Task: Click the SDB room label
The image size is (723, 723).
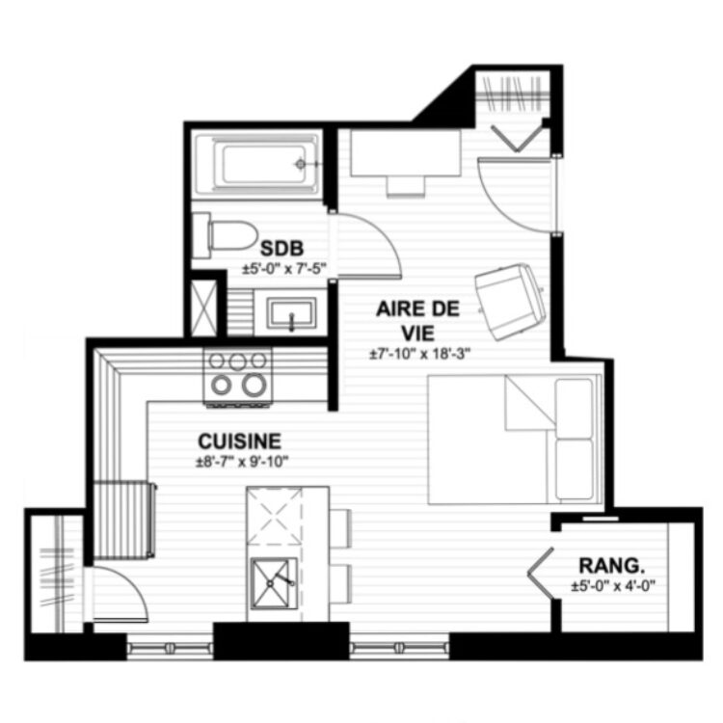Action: (281, 249)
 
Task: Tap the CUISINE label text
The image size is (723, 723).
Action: (239, 442)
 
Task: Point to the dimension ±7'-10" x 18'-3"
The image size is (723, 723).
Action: (419, 354)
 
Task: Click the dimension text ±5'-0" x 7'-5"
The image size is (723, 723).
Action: (284, 269)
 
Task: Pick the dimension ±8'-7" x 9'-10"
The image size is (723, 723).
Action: (242, 462)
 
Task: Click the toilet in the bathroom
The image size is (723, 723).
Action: (224, 235)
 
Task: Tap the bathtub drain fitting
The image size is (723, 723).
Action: (301, 164)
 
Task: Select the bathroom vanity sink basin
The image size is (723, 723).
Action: (292, 313)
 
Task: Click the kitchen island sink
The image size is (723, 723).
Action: (274, 583)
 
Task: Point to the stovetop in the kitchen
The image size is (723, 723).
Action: (238, 377)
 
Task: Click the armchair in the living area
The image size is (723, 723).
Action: (510, 301)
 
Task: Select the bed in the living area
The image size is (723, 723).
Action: (515, 440)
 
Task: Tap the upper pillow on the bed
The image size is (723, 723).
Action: (575, 408)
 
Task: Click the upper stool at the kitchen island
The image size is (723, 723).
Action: (341, 528)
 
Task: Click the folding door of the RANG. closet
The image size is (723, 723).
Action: (541, 574)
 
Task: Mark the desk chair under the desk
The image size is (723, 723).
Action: (406, 186)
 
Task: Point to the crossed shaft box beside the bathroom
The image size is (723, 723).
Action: (203, 308)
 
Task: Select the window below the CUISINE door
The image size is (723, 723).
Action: (170, 648)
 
